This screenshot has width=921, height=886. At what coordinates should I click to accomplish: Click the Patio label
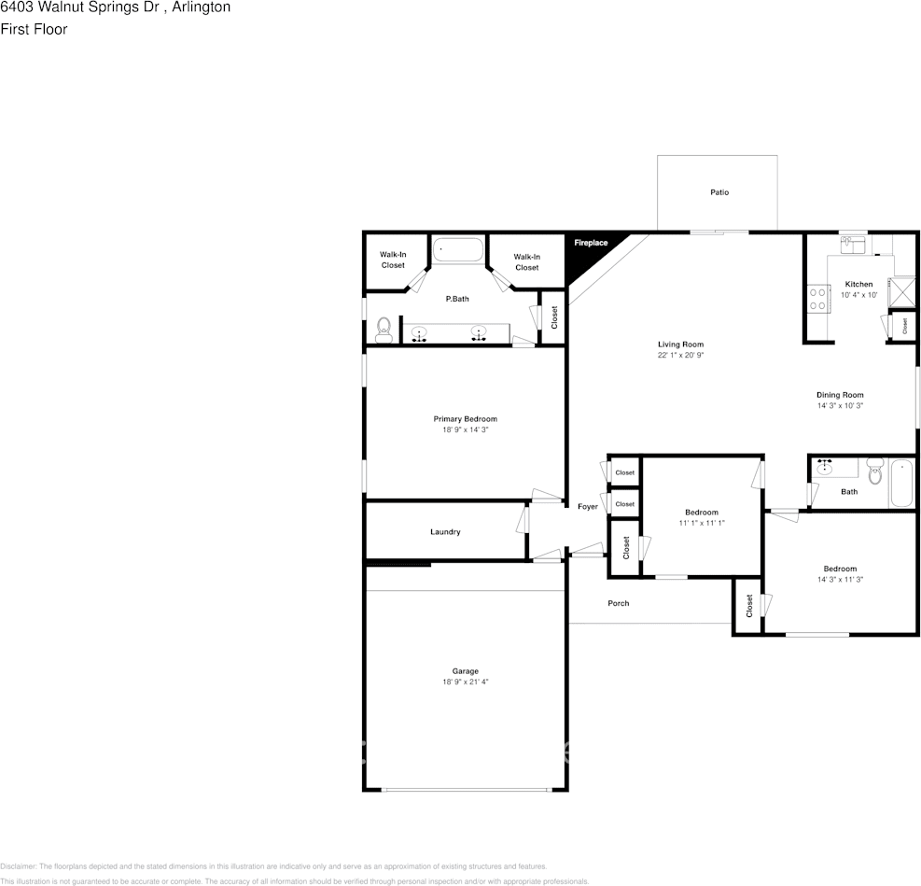click(x=719, y=192)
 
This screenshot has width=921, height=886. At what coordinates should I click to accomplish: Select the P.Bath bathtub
click(x=458, y=250)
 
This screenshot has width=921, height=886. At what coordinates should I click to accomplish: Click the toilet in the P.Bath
click(x=383, y=328)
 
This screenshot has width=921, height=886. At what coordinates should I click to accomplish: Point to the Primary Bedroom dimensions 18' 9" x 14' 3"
click(x=465, y=429)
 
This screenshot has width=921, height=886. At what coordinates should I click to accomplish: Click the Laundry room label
click(x=445, y=532)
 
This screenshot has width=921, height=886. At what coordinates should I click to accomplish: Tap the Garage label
click(x=465, y=671)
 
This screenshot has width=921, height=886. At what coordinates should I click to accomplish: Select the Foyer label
click(x=587, y=507)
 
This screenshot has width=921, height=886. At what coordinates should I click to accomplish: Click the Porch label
click(x=618, y=603)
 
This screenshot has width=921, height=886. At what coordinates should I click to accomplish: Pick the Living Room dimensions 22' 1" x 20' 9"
click(x=679, y=355)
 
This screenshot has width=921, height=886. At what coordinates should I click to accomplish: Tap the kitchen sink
click(x=852, y=246)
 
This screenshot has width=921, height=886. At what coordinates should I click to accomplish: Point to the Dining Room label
click(x=840, y=395)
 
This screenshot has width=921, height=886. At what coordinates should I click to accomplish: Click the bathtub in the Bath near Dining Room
click(x=901, y=483)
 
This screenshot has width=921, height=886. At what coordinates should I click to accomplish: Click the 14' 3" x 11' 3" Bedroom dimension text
click(x=839, y=580)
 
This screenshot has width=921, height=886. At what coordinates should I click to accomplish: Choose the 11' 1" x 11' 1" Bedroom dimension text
click(x=702, y=523)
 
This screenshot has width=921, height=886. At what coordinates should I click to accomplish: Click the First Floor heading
click(x=34, y=29)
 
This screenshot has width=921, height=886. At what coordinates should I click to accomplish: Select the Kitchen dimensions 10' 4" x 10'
click(x=858, y=295)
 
